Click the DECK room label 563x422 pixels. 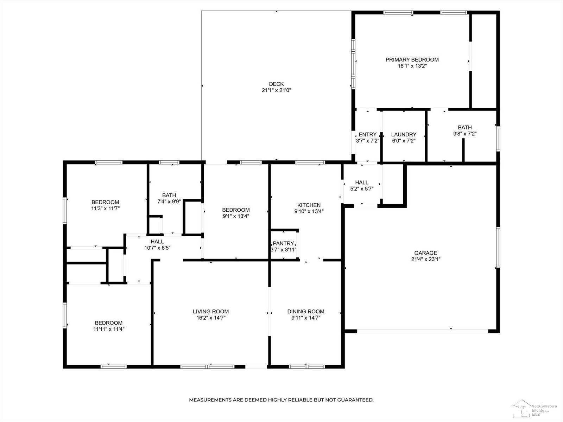pos(276,84)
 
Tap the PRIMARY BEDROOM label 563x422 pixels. pos(412,59)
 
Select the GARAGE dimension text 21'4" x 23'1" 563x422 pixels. pos(425,259)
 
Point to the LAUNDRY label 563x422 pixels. pos(404,134)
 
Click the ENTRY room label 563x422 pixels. pos(368,134)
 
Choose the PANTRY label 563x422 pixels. pos(283,243)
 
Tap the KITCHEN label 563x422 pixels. pos(309,205)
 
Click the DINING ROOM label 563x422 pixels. pos(306,311)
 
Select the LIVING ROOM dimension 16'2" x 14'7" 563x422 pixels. pos(211,318)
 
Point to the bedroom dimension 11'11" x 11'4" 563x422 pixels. pos(109,329)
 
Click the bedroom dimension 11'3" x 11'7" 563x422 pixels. pos(106,208)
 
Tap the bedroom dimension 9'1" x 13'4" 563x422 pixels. pos(236,216)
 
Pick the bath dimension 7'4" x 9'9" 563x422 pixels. pos(169,202)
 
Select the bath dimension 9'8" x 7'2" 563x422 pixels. pos(465,134)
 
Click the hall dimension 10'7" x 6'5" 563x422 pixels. pos(157,248)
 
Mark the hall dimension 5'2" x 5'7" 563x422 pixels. pos(362,189)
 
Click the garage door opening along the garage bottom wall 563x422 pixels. pos(423,331)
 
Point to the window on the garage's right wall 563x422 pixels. pos(498,247)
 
